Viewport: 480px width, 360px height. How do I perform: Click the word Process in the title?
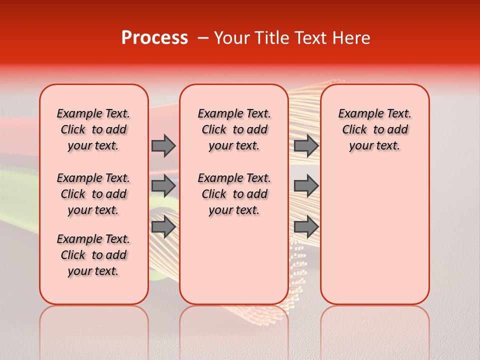154,37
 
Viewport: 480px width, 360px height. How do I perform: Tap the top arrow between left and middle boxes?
163,145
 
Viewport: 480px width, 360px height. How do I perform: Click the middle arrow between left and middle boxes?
163,186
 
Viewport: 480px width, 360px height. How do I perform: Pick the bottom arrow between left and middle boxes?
163,226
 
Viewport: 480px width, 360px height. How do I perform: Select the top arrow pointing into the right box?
306,145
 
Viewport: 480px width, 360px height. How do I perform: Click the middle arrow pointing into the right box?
306,186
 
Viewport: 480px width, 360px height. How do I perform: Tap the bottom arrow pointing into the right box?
306,226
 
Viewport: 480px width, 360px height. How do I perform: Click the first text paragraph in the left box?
93,129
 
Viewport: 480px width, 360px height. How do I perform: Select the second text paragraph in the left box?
93,194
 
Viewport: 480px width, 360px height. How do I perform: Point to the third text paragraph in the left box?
93,255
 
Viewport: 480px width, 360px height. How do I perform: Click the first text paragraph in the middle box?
234,129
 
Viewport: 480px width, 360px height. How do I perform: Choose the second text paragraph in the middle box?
234,194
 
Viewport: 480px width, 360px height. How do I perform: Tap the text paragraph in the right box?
375,129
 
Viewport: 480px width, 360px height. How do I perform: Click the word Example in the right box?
357,114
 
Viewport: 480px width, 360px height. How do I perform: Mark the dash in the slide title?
203,38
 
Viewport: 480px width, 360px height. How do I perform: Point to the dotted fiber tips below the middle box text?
298,260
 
